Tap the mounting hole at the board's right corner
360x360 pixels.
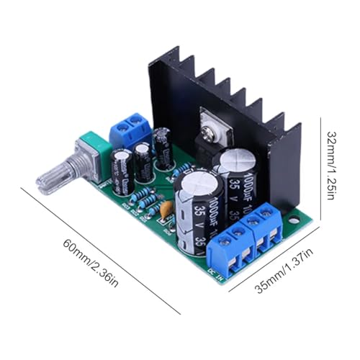(294, 217)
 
